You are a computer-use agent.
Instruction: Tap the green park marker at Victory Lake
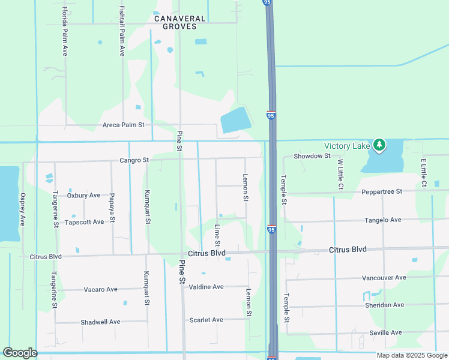[379, 145]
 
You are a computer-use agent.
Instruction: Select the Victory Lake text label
[347, 146]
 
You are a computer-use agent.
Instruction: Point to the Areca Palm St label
[124, 125]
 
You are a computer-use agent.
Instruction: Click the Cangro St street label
[134, 160]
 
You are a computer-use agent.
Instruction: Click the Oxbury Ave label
[84, 195]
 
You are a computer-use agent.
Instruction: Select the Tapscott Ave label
[85, 221]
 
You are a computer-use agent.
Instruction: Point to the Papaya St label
[112, 207]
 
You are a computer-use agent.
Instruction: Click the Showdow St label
[312, 156]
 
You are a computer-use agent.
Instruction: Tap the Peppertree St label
[381, 192]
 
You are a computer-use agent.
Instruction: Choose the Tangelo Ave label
[383, 220]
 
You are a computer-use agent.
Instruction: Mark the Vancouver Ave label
[384, 278]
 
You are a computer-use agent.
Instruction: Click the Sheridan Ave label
[384, 305]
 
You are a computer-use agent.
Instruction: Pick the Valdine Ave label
[206, 287]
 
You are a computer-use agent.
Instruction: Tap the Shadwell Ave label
[100, 322]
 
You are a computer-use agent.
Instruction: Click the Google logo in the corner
[20, 353]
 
